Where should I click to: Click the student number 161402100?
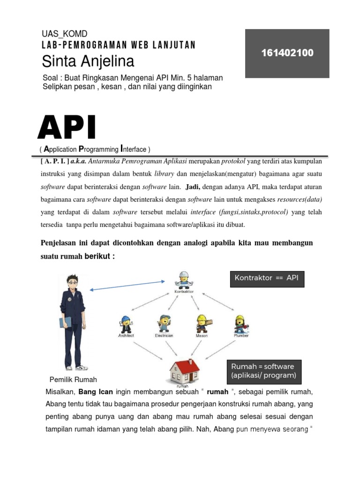pyautogui.click(x=287, y=53)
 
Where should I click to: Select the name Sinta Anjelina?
pyautogui.click(x=88, y=61)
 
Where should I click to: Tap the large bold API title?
pyautogui.click(x=67, y=128)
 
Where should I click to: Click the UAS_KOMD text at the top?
pyautogui.click(x=65, y=34)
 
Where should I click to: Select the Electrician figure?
pyautogui.click(x=164, y=323)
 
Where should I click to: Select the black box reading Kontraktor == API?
pyautogui.click(x=266, y=278)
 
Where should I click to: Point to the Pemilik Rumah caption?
pyautogui.click(x=73, y=379)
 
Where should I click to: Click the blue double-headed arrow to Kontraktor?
pyautogui.click(x=127, y=285)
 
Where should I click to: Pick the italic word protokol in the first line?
pyautogui.click(x=233, y=161)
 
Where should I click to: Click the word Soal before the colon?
pyautogui.click(x=51, y=77)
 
